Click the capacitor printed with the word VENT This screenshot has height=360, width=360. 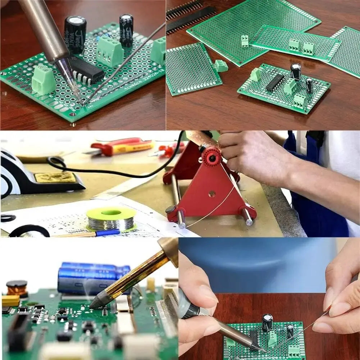(75, 34)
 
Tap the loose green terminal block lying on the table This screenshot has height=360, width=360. (221, 66)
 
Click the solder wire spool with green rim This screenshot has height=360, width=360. (111, 219)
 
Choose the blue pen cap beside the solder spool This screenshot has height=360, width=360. (108, 233)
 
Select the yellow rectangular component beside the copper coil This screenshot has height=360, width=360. (11, 300)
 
